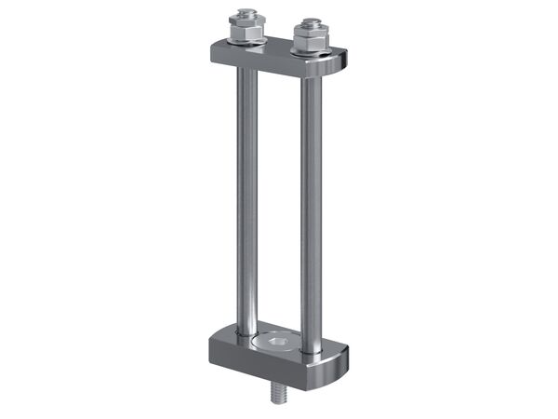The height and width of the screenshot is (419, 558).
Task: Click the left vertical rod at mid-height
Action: tap(246, 196)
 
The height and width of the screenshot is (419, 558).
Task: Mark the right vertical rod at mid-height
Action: tap(311, 205)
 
